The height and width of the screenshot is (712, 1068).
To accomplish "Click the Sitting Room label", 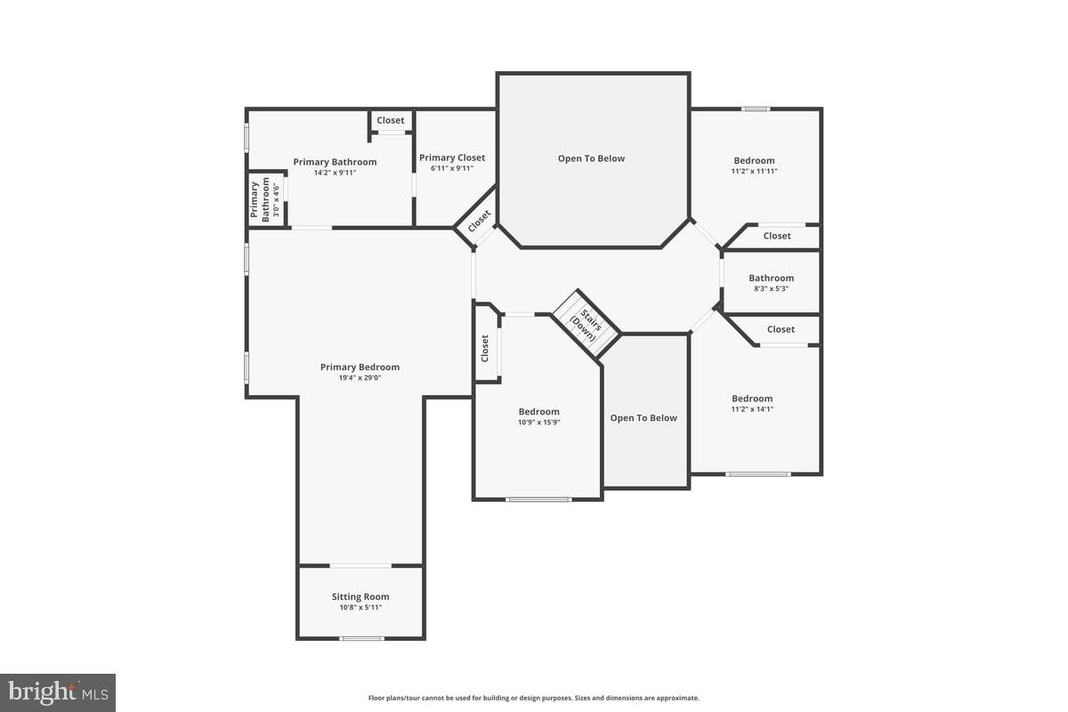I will [360, 596].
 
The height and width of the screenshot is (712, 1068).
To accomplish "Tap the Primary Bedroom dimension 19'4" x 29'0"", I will [360, 378].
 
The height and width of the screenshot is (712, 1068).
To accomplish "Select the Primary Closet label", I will [452, 158].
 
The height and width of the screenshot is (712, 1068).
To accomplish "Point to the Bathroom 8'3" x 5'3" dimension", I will [771, 288].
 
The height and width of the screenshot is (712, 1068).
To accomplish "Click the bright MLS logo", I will [58, 692].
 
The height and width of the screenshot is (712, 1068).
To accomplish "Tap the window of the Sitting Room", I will [361, 638].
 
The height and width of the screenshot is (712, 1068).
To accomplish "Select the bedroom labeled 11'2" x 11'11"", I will [754, 161].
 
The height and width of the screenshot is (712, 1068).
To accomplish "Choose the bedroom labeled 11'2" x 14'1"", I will [752, 399].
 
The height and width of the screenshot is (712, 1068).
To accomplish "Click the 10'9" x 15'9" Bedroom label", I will [539, 411].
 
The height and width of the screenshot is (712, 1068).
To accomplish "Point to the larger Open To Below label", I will [591, 158].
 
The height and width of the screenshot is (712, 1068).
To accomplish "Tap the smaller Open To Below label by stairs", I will [643, 417].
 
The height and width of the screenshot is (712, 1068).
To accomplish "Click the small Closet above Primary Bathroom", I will [390, 120].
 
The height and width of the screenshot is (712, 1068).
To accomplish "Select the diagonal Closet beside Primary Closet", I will [479, 221].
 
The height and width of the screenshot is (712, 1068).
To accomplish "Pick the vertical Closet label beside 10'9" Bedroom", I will [485, 347].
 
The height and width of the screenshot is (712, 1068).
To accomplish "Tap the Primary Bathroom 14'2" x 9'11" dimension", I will [335, 173].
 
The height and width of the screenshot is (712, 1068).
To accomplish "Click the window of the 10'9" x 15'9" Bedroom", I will [538, 499].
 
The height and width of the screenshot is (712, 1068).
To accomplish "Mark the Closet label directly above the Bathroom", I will [777, 236].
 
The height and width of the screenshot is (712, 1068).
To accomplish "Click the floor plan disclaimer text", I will [534, 698].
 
